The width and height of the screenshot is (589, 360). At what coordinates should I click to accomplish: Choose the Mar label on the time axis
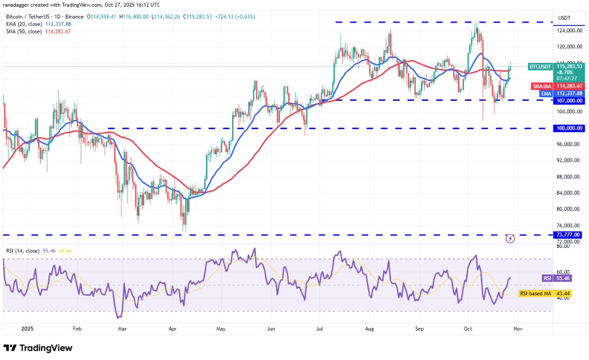click(122, 328)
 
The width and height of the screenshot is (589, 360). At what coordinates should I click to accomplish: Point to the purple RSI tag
click(547, 278)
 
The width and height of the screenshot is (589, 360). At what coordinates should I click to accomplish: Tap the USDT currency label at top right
click(564, 18)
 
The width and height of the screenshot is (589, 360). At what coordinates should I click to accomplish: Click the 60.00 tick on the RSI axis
click(564, 272)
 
